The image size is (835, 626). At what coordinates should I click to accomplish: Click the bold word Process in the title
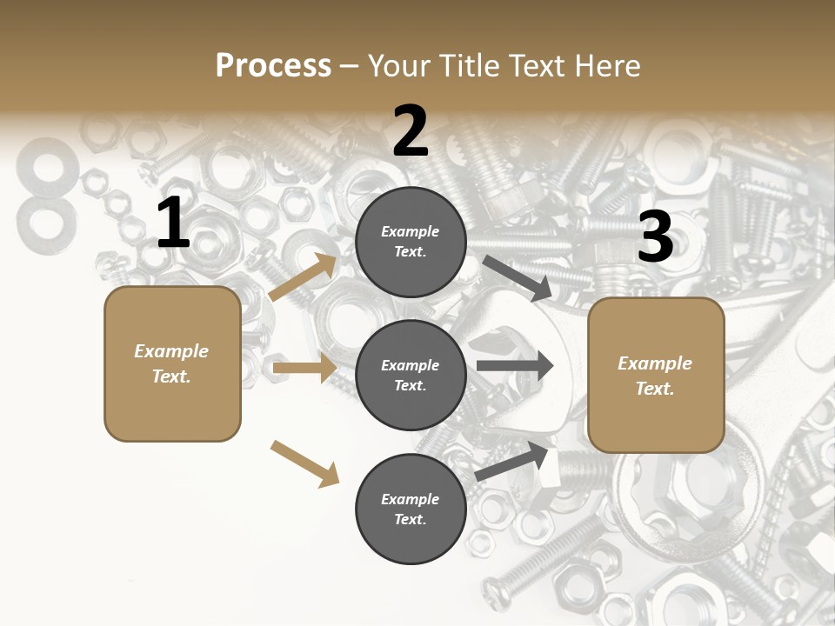(x=273, y=66)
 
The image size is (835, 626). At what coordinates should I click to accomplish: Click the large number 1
(x=173, y=223)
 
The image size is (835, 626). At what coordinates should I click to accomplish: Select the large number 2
(x=411, y=131)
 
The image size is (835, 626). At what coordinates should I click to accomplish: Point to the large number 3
(x=655, y=236)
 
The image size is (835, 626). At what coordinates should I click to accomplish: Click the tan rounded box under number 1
(x=172, y=363)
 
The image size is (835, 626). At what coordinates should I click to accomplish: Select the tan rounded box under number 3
(x=656, y=375)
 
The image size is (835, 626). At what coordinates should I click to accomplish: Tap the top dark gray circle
(x=411, y=242)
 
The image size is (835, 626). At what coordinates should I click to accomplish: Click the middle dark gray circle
(x=411, y=375)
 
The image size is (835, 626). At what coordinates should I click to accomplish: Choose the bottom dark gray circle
(x=411, y=509)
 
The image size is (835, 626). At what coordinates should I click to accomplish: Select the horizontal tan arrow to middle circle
(x=304, y=368)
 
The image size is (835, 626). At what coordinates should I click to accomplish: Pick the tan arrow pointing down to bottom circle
(x=304, y=463)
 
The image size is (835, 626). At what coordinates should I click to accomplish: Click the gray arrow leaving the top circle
(x=518, y=278)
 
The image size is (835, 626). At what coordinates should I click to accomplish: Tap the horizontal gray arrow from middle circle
(x=515, y=365)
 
